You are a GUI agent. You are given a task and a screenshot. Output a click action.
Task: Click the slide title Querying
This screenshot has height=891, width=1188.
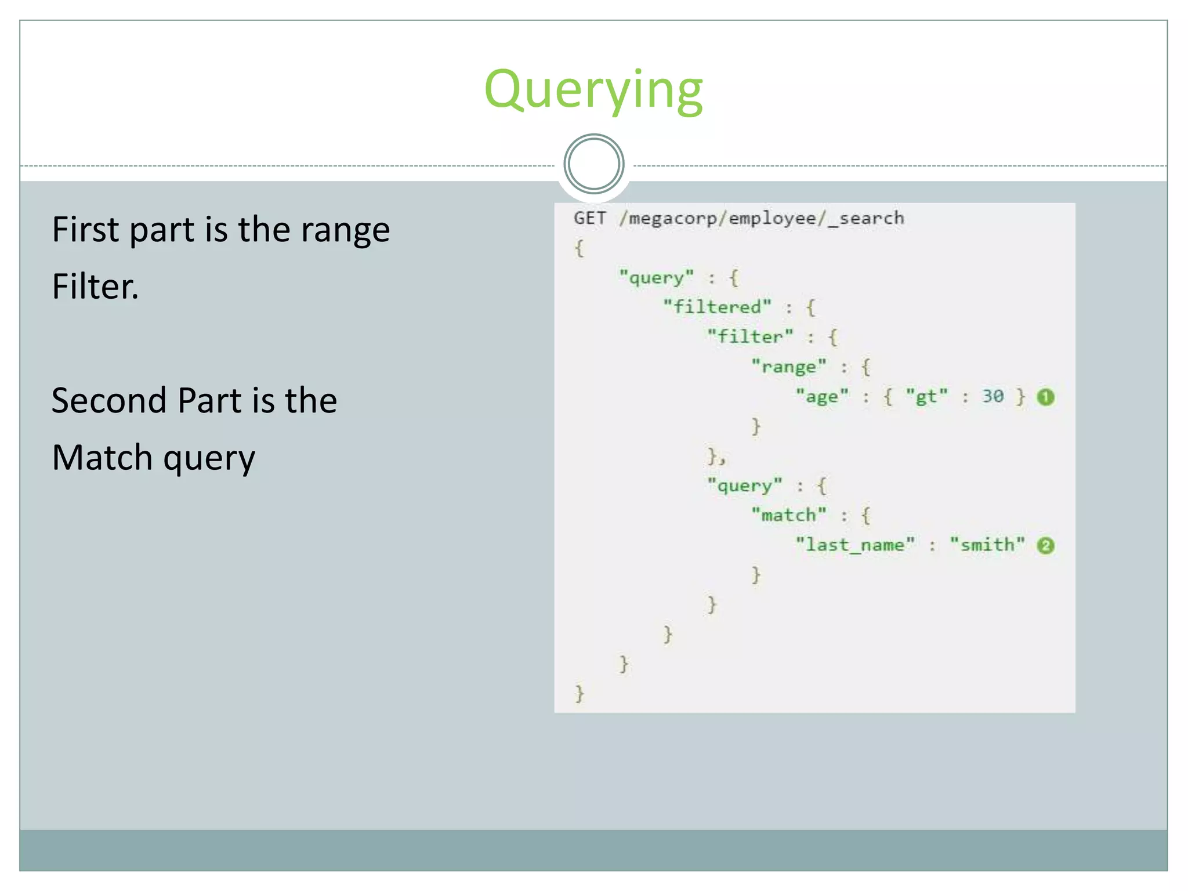[x=593, y=90]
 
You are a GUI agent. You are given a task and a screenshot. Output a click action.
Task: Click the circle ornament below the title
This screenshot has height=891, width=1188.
[x=593, y=164]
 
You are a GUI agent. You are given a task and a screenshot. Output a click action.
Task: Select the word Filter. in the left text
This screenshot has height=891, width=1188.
[x=96, y=287]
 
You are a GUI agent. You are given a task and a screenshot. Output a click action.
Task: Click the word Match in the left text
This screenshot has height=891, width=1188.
[x=102, y=457]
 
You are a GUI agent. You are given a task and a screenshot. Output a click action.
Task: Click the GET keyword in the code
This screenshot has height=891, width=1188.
[x=589, y=218]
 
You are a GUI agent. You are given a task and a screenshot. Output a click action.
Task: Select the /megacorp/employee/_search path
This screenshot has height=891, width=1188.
[x=761, y=219]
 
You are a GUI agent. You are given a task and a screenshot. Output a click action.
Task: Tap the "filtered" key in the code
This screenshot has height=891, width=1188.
[x=717, y=307]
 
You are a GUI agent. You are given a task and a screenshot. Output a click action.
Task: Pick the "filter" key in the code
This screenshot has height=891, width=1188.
[x=750, y=336]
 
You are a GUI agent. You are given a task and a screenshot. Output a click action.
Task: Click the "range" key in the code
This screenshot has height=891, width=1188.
[x=788, y=367]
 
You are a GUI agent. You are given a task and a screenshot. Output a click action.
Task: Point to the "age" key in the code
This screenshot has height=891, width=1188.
[x=821, y=397]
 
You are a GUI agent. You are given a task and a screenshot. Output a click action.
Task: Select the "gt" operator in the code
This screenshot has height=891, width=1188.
[x=926, y=397]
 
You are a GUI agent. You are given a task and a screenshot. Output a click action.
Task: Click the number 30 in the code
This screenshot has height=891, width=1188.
[x=993, y=396]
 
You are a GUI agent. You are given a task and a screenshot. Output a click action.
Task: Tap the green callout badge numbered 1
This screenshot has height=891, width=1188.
[x=1045, y=397]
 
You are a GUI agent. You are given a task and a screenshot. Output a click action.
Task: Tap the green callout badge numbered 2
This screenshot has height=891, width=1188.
[x=1045, y=545]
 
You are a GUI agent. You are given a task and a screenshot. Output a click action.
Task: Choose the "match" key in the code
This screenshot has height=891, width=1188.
[x=788, y=515]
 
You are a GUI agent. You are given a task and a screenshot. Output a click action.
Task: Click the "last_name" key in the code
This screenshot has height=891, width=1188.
[x=855, y=545]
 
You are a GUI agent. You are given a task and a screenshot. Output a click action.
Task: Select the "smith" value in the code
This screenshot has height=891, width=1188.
[x=987, y=545]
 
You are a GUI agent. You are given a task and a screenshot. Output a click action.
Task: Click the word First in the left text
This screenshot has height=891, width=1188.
[x=85, y=230]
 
